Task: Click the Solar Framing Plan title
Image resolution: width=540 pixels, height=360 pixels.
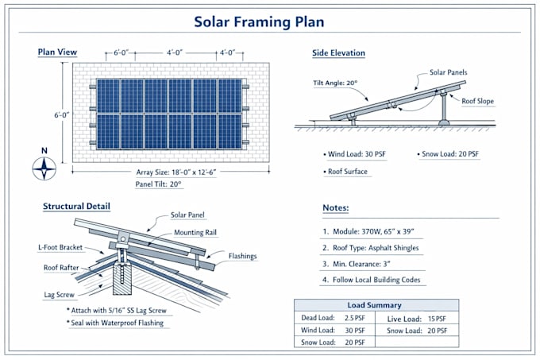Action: (259, 21)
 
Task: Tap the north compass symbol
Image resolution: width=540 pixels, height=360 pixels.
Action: (44, 168)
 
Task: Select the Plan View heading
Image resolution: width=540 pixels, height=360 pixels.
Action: (57, 52)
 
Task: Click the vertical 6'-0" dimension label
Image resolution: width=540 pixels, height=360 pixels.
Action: (61, 115)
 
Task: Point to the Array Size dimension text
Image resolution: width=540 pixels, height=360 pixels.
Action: (176, 172)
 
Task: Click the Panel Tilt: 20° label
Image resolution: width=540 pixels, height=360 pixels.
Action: (158, 184)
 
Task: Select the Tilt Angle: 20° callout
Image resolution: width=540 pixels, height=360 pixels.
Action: (335, 83)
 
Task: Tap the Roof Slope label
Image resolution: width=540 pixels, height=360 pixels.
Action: (478, 101)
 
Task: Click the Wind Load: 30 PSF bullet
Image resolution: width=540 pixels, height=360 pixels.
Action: (354, 154)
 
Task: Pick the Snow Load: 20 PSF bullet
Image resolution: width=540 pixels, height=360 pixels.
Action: (448, 154)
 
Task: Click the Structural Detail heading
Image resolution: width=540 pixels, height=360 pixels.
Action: (76, 207)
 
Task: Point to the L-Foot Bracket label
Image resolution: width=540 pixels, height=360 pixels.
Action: (60, 247)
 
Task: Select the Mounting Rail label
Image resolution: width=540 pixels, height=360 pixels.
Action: (195, 233)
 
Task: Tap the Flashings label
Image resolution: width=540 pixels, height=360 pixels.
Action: (242, 256)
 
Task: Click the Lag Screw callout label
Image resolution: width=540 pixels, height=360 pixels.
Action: (59, 295)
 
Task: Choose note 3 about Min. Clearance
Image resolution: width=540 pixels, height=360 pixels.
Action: (356, 264)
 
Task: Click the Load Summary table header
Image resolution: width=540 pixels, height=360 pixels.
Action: (374, 305)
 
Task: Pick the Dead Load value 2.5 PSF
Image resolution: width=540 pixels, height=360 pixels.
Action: (354, 318)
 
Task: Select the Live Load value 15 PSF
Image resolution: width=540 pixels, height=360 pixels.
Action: (437, 319)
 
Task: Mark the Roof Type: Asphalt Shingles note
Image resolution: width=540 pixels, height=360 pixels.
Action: (371, 248)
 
